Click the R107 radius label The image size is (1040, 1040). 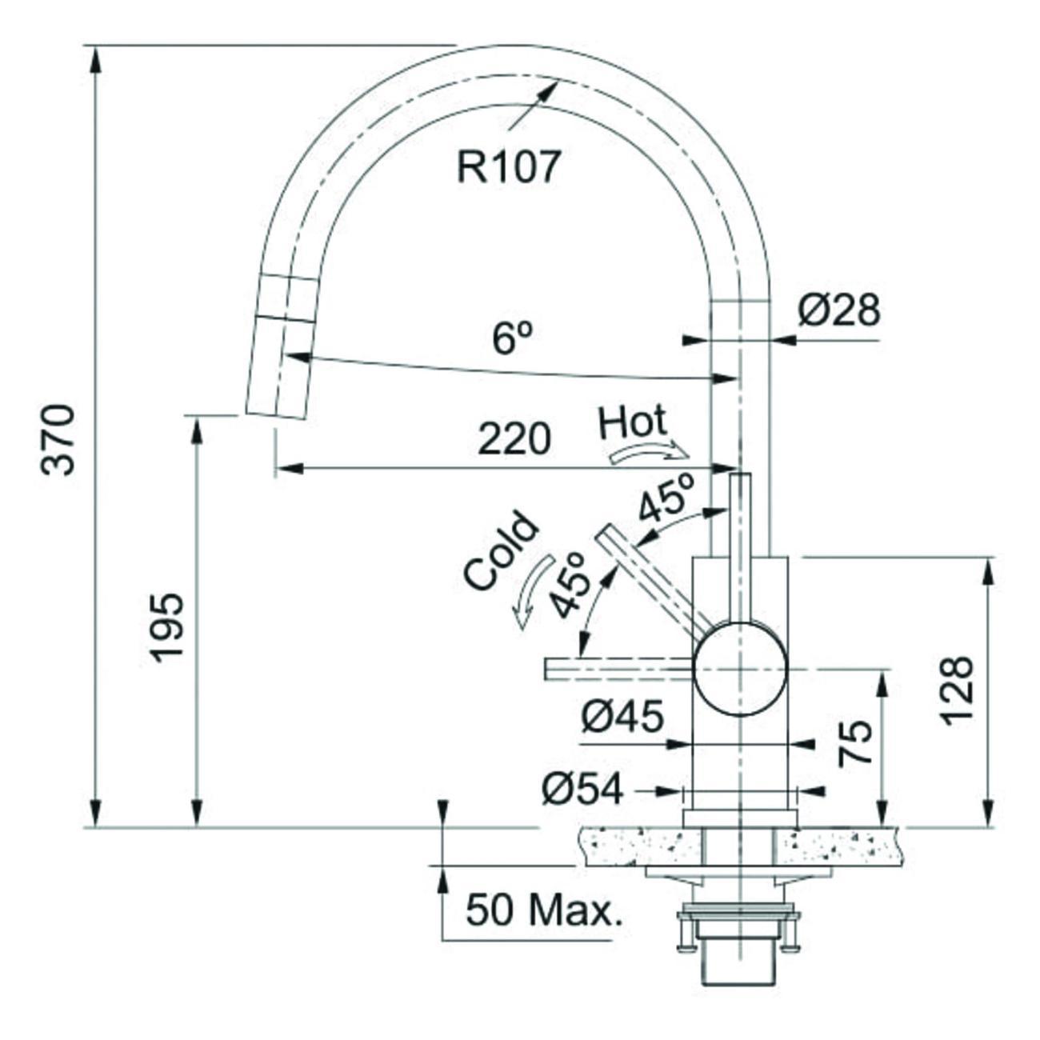pos(508,167)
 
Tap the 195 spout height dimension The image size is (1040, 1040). pos(168,628)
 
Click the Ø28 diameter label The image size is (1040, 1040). pos(838,311)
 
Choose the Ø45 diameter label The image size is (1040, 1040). pos(622,718)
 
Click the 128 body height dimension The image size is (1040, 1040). pos(957,690)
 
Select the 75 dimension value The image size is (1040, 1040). pos(854,744)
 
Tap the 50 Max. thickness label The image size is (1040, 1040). pos(543,910)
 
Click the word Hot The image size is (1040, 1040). pos(632,422)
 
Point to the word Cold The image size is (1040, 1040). pos(501,551)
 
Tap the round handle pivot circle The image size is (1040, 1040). pos(741,669)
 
